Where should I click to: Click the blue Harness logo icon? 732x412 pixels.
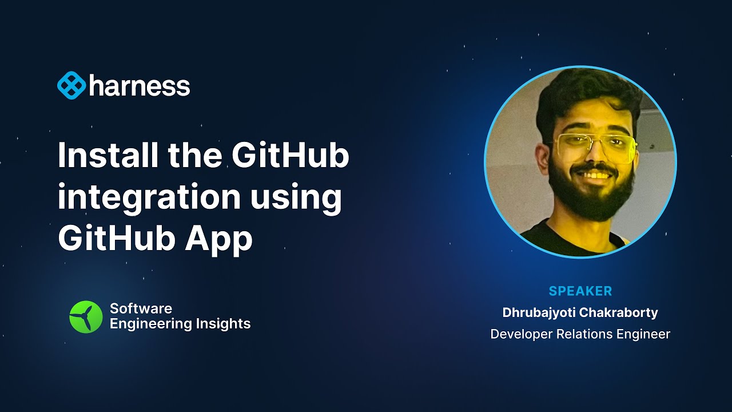[x=71, y=86]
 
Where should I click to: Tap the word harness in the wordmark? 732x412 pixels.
[x=140, y=86]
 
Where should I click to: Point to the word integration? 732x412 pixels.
[x=149, y=197]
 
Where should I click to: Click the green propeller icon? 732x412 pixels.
[x=86, y=316]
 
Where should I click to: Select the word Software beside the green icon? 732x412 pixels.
[x=141, y=308]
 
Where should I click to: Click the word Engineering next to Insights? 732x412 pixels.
[x=150, y=324]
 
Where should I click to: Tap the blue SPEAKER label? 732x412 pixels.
[x=580, y=291]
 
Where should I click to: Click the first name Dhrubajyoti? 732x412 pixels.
[x=540, y=313]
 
